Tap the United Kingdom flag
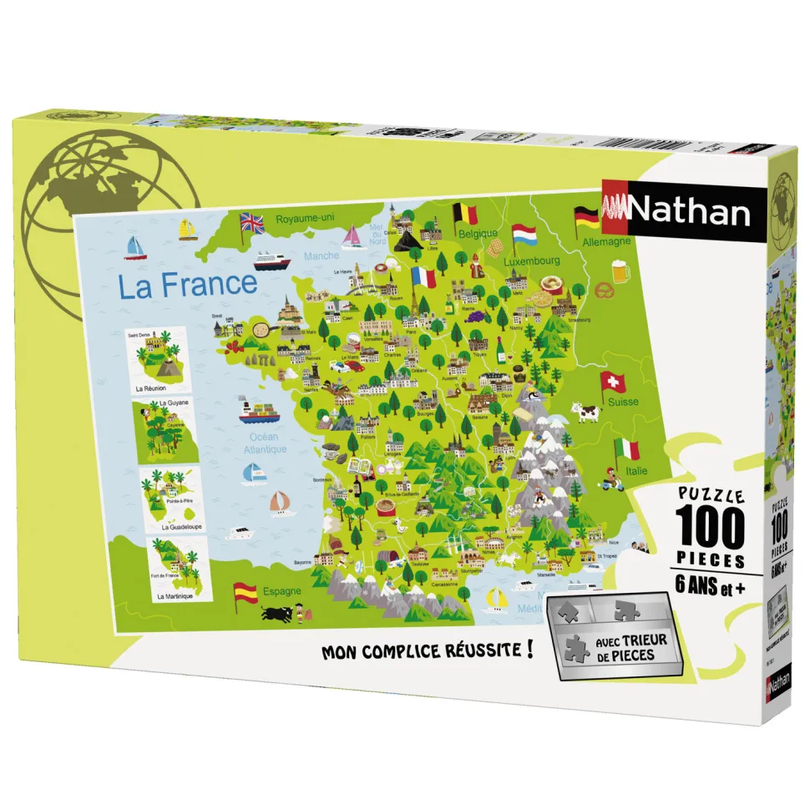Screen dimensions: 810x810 pos(251,223)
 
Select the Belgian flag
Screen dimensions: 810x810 pos(465,215)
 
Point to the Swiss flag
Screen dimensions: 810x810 pos(613,383)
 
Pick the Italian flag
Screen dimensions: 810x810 pos(626,449)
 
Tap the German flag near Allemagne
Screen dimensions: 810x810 pos(585,219)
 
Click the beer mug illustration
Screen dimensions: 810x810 pos(620,271)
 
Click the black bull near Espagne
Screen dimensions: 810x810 pos(274,615)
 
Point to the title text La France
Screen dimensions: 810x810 pos(187,285)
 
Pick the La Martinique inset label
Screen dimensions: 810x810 pos(174,596)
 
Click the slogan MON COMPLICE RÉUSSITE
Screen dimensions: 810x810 pos(427,651)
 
